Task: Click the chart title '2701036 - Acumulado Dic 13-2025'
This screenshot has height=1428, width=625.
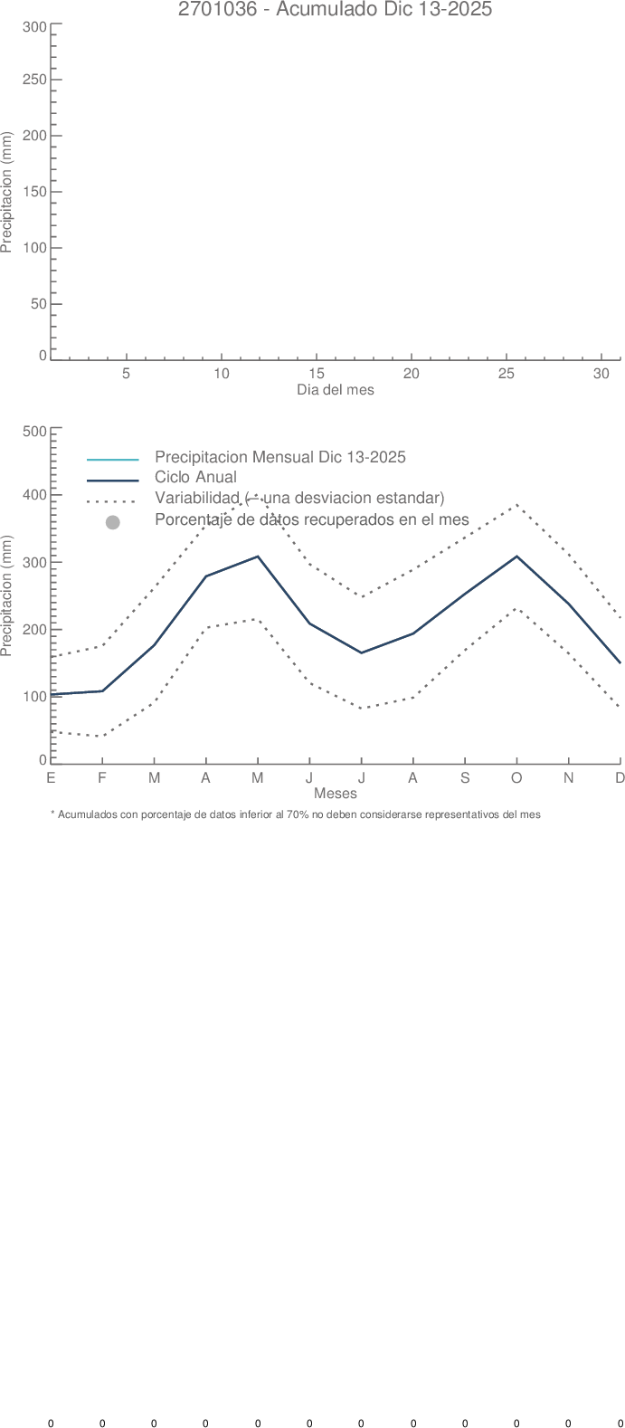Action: point(335,10)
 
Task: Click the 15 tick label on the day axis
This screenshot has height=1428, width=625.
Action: point(317,374)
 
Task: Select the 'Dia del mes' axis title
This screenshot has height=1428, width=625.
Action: point(335,390)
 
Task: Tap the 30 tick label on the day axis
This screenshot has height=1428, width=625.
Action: point(601,374)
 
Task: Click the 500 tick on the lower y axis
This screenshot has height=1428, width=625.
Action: point(35,431)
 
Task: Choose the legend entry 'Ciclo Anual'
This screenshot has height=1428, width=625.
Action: point(195,478)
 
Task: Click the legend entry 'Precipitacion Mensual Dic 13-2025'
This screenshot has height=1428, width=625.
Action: point(279,457)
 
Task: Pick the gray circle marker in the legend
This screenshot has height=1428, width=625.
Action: point(112,522)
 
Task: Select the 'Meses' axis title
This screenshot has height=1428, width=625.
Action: point(335,794)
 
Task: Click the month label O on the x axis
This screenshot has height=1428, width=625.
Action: point(516,778)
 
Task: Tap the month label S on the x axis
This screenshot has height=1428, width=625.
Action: point(465,778)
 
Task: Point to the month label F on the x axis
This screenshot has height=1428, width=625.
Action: point(102,778)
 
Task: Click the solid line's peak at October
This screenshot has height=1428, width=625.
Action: point(516,557)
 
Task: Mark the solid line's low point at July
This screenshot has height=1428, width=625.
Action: point(361,652)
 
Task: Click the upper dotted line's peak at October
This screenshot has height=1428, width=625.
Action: point(516,505)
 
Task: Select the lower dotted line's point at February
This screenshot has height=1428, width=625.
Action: point(102,736)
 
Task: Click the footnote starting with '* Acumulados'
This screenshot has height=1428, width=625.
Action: point(296,814)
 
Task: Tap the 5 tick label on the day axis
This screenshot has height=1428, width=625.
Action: point(127,374)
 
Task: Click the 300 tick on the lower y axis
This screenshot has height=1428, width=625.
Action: point(35,562)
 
